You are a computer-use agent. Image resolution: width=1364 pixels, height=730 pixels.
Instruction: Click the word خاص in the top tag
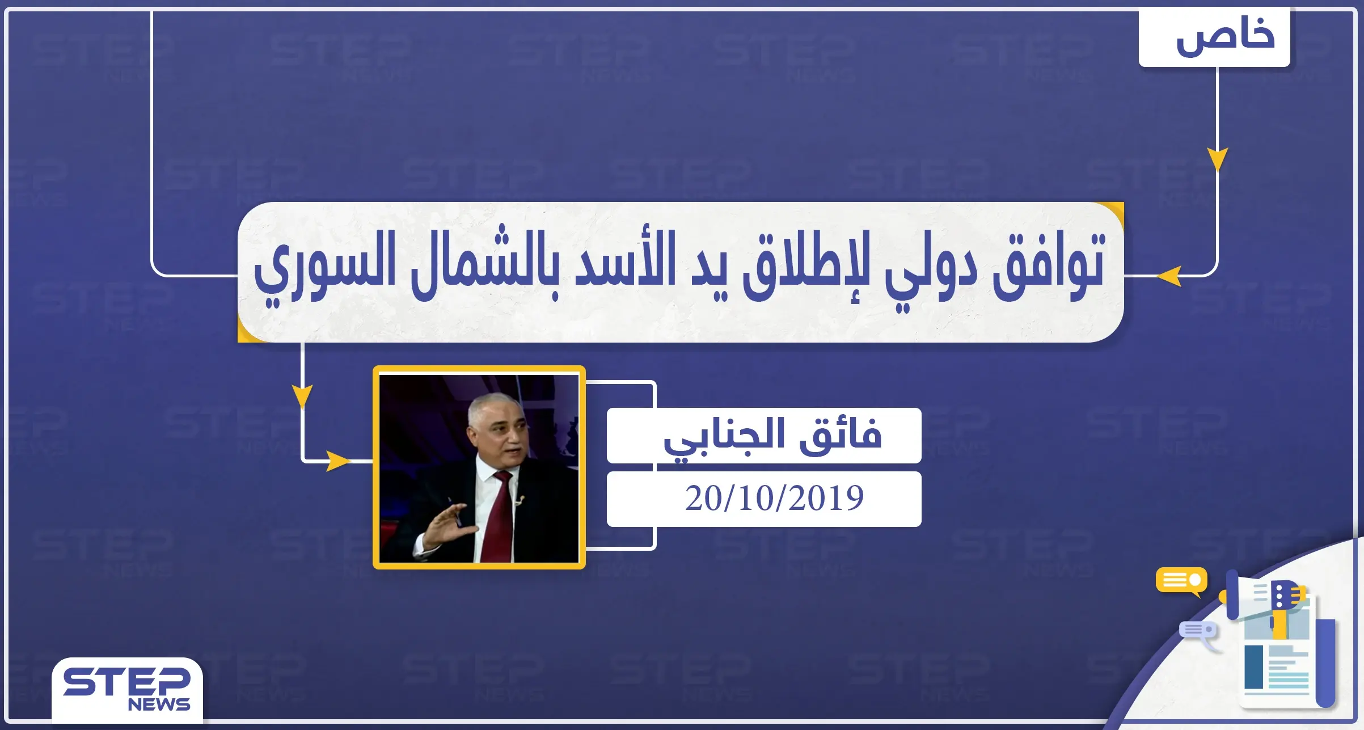tap(1225, 37)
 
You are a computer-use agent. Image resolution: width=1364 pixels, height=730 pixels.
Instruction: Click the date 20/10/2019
tap(774, 499)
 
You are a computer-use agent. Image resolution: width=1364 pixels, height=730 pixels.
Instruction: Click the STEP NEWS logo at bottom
tap(127, 689)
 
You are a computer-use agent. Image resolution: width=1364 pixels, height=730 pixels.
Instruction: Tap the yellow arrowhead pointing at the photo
tap(338, 461)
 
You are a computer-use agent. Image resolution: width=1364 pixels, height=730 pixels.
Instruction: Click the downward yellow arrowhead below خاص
tap(1217, 159)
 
